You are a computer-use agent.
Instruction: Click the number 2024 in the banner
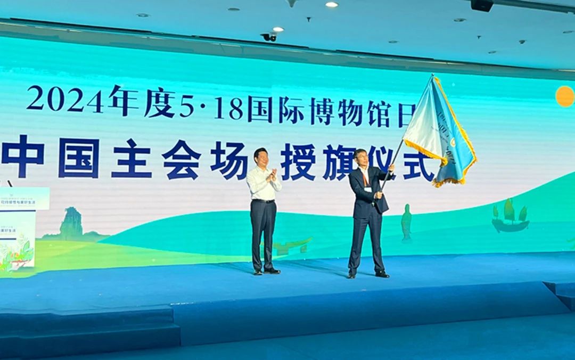tap(65, 99)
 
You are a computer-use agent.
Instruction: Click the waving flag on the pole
tap(439, 133)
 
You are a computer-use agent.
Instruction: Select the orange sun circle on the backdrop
tap(565, 96)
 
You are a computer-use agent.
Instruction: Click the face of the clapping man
tap(261, 157)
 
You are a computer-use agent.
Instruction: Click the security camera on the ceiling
tap(269, 37)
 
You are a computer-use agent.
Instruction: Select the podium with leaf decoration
tap(17, 229)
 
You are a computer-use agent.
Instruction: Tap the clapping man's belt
tap(264, 201)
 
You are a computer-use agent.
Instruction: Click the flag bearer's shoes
tap(367, 274)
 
